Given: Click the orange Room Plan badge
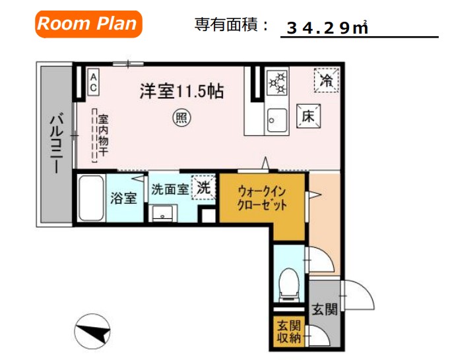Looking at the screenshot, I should pyautogui.click(x=88, y=24).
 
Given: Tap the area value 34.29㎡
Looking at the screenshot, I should pyautogui.click(x=327, y=28).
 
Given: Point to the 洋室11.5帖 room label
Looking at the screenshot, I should pyautogui.click(x=181, y=92).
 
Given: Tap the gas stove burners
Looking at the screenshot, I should pyautogui.click(x=278, y=83).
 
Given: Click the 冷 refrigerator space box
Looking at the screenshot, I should pyautogui.click(x=326, y=80).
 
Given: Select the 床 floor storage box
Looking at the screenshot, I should pyautogui.click(x=307, y=117).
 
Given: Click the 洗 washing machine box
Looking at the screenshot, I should pyautogui.click(x=203, y=187).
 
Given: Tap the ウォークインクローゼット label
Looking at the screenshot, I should pyautogui.click(x=263, y=198).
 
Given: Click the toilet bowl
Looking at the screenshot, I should pyautogui.click(x=288, y=282).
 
